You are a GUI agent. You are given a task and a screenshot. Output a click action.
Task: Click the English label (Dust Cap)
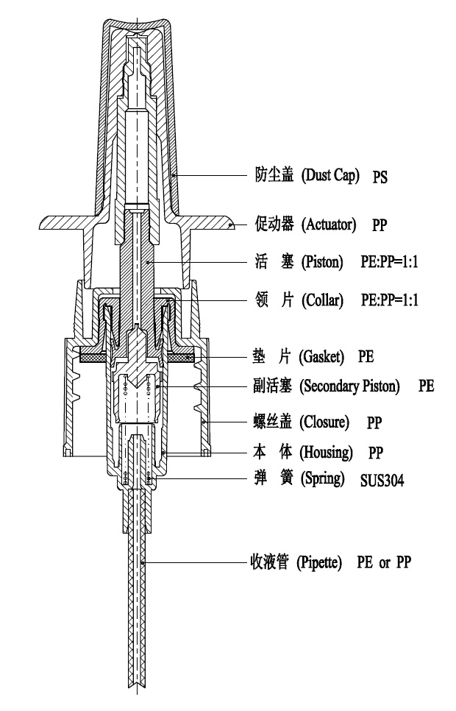(x=330, y=175)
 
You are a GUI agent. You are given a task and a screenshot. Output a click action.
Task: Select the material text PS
(x=380, y=177)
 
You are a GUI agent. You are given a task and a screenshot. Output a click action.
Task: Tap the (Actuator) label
(x=329, y=224)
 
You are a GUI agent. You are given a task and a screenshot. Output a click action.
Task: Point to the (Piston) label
(x=322, y=262)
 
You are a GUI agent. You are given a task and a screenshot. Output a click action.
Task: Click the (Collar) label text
(x=323, y=300)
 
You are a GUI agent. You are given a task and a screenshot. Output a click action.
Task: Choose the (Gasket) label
(x=321, y=356)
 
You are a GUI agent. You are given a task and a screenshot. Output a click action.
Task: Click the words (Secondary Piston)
(x=349, y=386)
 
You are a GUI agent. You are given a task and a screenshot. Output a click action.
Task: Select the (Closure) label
(x=324, y=422)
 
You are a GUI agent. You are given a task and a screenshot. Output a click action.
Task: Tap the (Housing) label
(x=326, y=452)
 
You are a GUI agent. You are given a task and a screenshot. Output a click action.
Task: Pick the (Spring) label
(x=323, y=478)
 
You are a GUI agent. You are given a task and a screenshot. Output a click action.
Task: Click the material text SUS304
(x=382, y=480)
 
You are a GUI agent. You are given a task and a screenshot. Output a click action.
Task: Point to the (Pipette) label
(x=319, y=563)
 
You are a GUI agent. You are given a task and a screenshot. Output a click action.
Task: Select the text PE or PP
(x=384, y=562)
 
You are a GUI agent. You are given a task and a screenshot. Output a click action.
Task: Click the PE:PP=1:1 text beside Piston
(x=389, y=262)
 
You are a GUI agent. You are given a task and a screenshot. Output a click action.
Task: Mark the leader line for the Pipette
(x=196, y=563)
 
